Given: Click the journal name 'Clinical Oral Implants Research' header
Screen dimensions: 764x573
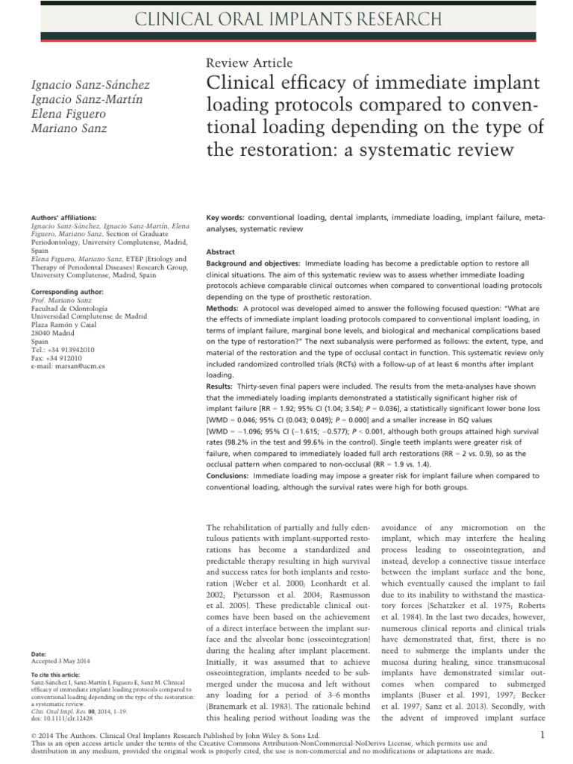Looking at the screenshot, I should [286, 20].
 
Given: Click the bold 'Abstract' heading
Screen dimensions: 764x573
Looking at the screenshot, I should [220, 253].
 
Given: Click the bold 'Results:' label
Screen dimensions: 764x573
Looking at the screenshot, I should [221, 386].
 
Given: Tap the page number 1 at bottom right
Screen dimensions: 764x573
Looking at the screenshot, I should [542, 736].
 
